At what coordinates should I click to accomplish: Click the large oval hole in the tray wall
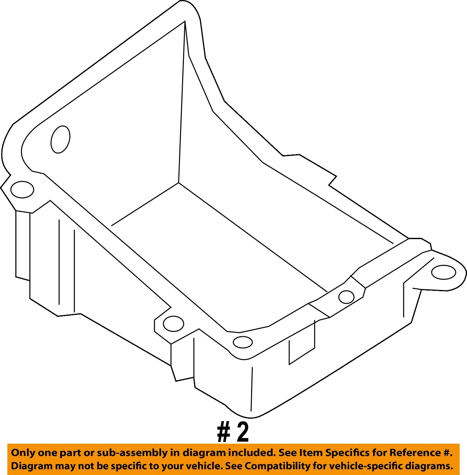[60, 139]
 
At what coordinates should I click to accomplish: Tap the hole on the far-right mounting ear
[443, 272]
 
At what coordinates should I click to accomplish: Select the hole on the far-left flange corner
[22, 189]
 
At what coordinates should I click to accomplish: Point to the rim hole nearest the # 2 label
[243, 342]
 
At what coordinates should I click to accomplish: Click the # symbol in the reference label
[223, 433]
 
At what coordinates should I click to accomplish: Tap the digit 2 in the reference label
[243, 433]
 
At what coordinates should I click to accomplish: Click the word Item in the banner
[309, 453]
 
